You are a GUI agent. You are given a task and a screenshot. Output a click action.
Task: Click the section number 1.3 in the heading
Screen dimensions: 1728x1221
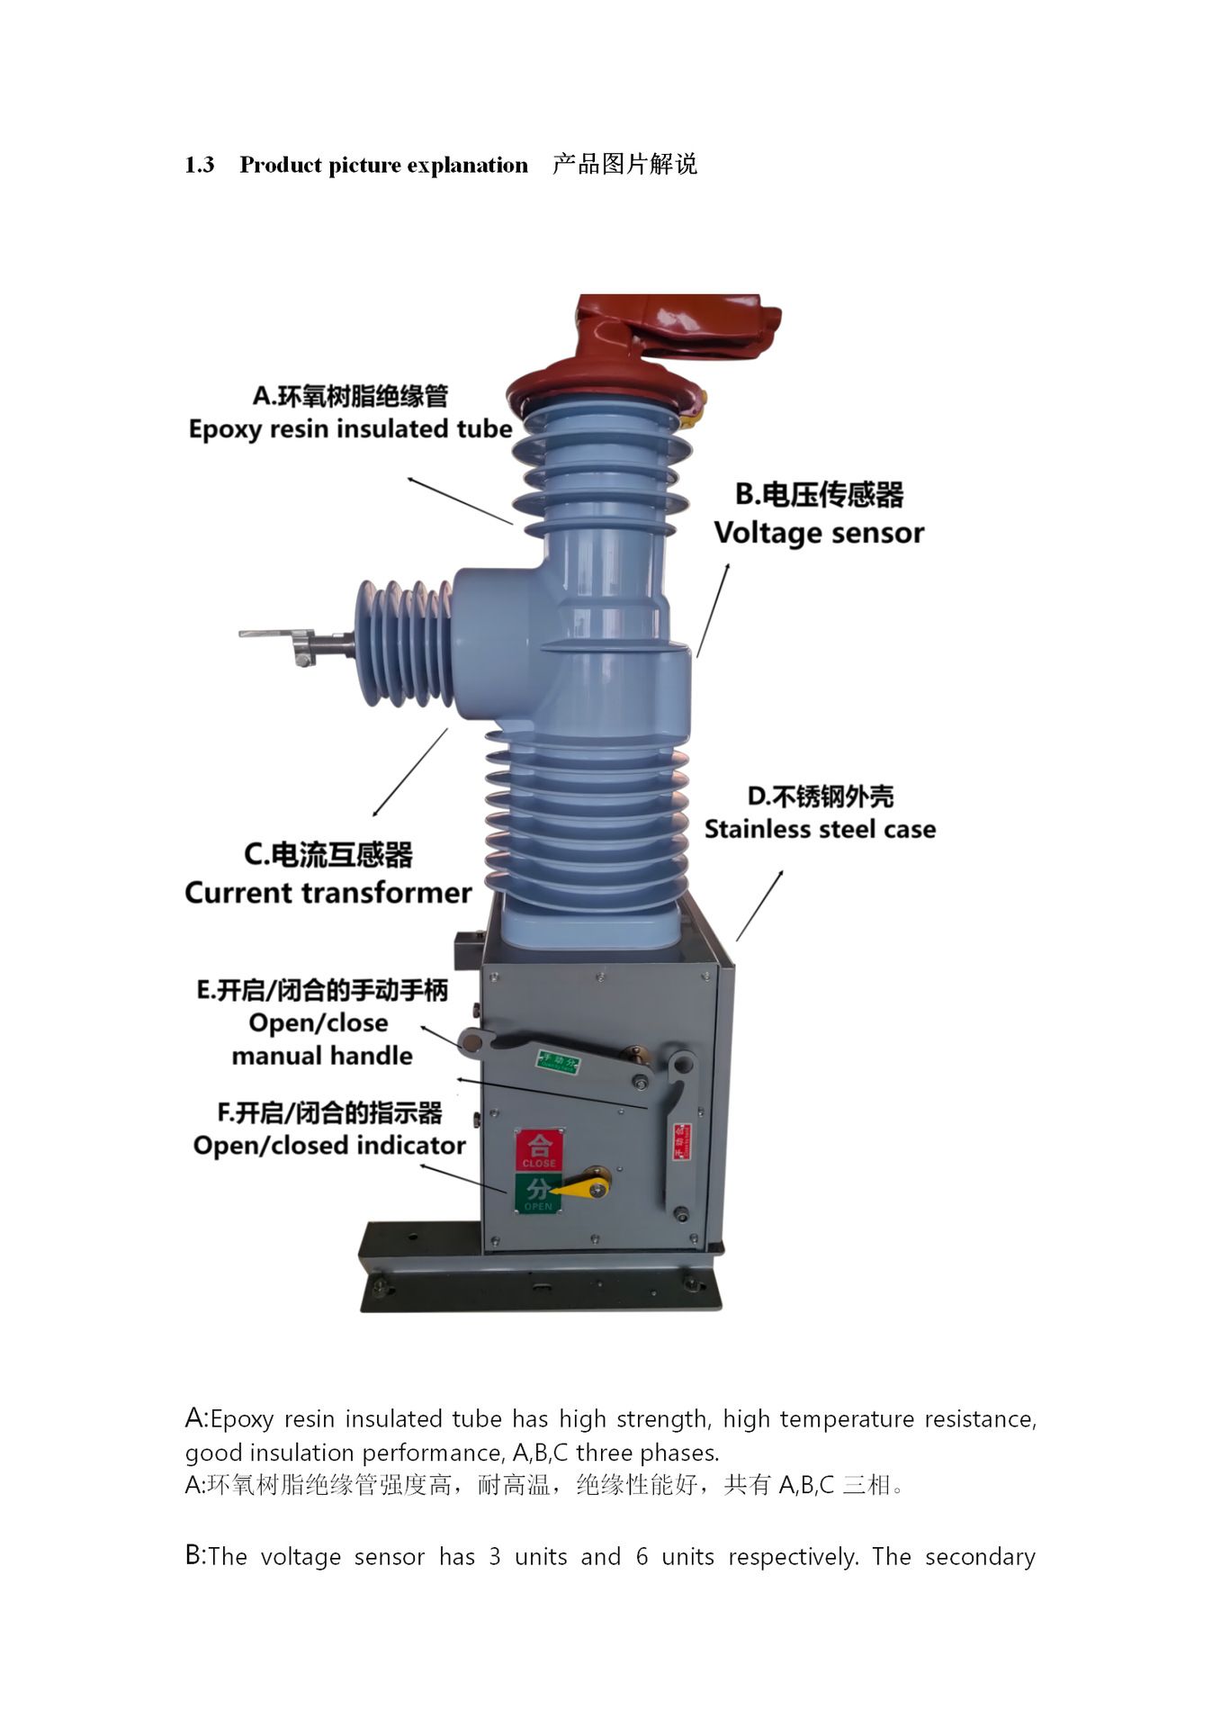tap(199, 165)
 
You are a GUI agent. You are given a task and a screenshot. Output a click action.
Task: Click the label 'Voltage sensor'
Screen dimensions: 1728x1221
tap(819, 533)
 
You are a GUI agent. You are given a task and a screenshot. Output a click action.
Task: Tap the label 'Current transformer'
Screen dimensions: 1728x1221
tap(328, 893)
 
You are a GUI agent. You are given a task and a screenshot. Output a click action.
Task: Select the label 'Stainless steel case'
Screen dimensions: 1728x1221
tap(820, 829)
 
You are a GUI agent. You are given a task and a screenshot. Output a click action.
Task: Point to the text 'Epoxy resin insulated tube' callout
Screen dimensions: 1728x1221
tap(350, 429)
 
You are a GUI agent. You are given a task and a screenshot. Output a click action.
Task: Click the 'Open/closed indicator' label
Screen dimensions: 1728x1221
tap(329, 1146)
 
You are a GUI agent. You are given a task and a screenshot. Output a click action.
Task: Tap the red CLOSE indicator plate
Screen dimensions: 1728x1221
tap(539, 1150)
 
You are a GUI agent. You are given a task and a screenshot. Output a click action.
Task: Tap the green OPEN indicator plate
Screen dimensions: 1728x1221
tap(537, 1192)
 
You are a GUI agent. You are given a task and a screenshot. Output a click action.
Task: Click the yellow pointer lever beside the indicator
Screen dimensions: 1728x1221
tap(585, 1184)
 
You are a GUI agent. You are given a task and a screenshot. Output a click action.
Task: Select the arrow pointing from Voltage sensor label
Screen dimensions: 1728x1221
tap(713, 610)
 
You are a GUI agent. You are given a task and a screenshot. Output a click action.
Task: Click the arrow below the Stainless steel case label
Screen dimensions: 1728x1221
tap(759, 905)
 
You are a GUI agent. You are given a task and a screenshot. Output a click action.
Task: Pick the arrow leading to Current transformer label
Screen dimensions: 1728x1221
tap(409, 773)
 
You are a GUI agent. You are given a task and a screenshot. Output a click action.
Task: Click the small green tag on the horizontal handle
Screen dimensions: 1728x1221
tap(558, 1061)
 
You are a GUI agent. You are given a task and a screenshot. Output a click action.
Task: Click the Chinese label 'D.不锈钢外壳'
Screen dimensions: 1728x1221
tap(820, 796)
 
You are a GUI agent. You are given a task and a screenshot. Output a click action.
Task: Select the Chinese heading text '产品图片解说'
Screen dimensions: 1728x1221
tap(624, 165)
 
